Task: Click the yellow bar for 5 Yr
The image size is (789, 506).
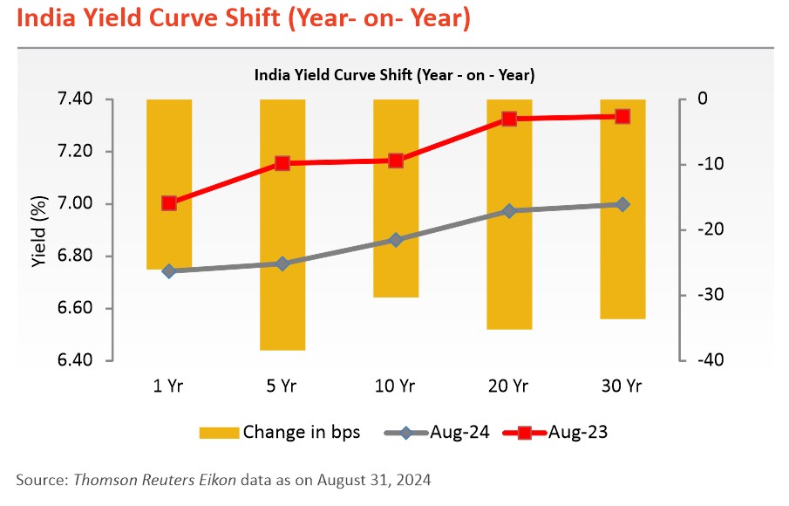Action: [x=282, y=224]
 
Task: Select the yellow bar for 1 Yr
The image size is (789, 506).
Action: [x=169, y=184]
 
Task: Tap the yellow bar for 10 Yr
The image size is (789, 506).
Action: [x=396, y=198]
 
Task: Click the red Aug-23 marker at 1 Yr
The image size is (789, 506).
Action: [x=169, y=203]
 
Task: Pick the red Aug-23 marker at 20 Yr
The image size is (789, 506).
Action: [x=509, y=119]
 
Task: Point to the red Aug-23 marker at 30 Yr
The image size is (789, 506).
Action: [x=622, y=116]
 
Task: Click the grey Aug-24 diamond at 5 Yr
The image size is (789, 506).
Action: [x=282, y=263]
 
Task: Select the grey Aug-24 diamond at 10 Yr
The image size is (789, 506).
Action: [x=396, y=240]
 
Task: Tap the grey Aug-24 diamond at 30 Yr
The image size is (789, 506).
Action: [x=622, y=204]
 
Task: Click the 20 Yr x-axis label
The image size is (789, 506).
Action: [x=509, y=385]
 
